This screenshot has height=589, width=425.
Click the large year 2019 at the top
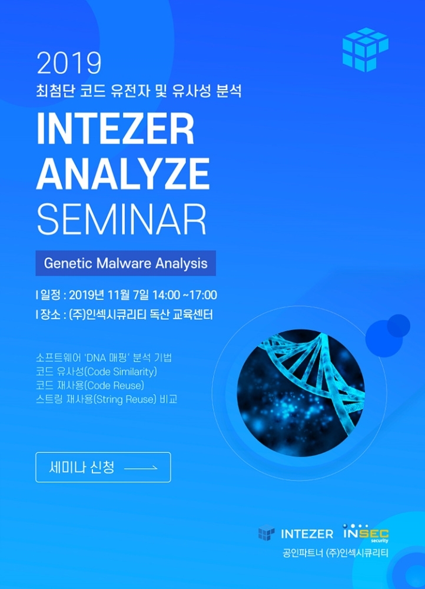pos(69,63)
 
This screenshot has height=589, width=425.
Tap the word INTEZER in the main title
pos(115,129)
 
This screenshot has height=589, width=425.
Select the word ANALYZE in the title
pos(123,174)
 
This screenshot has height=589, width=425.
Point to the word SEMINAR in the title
pos(122,219)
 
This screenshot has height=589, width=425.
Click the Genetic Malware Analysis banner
pos(126,263)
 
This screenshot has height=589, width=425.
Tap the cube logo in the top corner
pos(365,49)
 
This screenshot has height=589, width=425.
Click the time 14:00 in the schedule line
pos(166,295)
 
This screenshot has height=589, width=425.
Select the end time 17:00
pos(205,295)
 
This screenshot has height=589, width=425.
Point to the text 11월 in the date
pos(117,295)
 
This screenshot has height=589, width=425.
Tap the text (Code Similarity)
pos(121,372)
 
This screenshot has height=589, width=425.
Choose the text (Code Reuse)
pos(114,385)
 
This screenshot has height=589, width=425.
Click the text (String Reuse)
pos(124,399)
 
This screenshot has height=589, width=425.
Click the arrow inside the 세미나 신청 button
pos(141,468)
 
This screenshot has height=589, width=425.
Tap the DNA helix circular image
pos(300,393)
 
